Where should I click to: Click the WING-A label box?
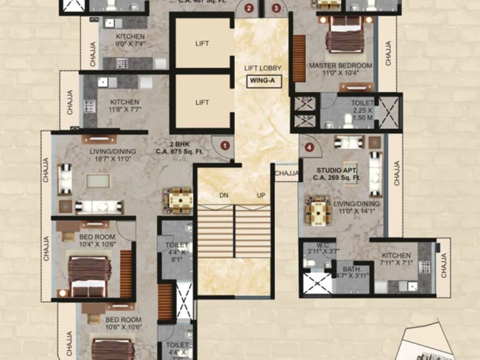tap(262, 82)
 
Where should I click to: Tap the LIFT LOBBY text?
tap(262, 68)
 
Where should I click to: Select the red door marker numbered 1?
tap(225, 145)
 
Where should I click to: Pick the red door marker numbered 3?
tap(275, 8)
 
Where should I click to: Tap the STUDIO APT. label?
tap(338, 174)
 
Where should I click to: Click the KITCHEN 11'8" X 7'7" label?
tap(124, 106)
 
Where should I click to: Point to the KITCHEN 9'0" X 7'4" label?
tap(130, 40)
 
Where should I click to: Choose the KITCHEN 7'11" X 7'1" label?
tap(395, 259)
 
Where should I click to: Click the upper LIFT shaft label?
tap(202, 44)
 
